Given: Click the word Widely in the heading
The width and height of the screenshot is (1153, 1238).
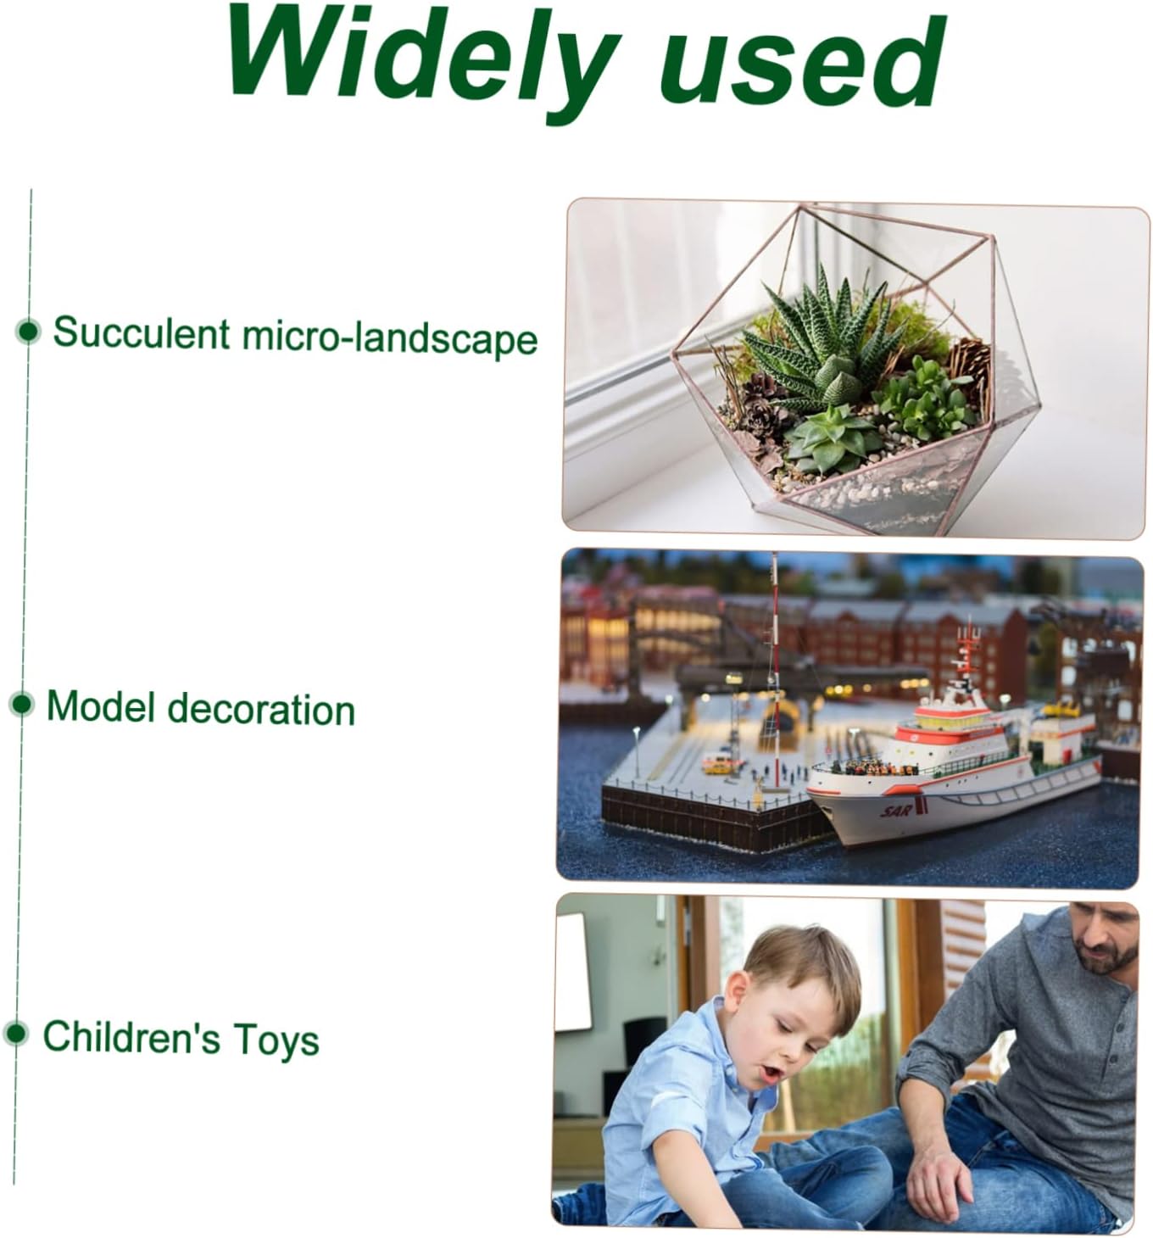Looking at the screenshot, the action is point(424,59).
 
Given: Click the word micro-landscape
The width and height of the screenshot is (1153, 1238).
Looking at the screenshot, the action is point(389,337).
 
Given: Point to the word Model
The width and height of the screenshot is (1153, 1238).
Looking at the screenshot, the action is point(100,707).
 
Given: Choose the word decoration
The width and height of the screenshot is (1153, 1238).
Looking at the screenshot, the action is point(261,710).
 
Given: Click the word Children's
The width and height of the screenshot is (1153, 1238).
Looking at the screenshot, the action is point(131,1037).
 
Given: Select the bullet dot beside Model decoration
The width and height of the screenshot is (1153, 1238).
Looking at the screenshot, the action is point(22,705).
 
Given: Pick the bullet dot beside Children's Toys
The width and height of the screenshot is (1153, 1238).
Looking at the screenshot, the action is point(16,1033).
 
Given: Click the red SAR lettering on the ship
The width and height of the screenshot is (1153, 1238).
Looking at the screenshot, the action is point(897,811).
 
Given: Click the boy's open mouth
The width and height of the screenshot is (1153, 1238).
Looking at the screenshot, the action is point(771,1073).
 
